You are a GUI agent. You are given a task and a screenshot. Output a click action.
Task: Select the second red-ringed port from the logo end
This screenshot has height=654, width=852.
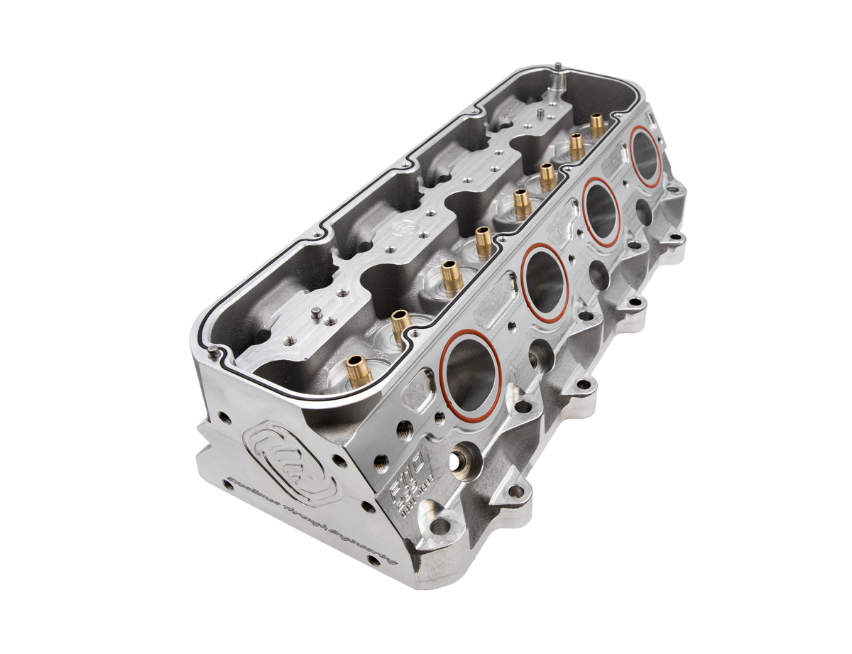(x=545, y=278)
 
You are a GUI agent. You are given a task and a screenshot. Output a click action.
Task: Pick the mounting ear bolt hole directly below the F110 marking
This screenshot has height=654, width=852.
(x=442, y=527)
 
